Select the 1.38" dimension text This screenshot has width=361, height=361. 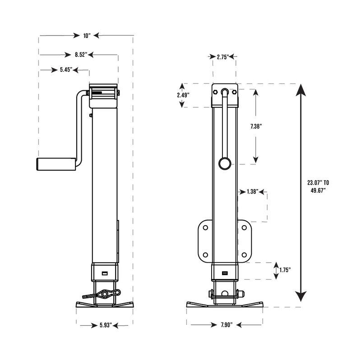pos(253,192)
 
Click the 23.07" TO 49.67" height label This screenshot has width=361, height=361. pos(318,186)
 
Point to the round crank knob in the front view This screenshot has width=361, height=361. pos(224,163)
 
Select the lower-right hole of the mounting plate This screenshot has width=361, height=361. pos(245,254)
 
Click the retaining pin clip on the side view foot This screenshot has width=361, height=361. pos(106,294)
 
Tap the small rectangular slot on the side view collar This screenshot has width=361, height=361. pos(105,273)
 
